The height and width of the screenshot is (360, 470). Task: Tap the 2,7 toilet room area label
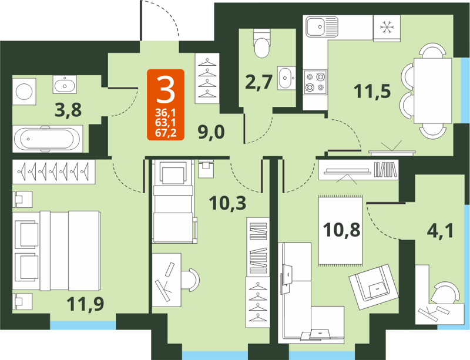tap(258, 82)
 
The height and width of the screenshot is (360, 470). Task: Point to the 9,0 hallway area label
tap(210, 132)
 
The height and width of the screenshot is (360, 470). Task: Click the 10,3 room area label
tap(227, 203)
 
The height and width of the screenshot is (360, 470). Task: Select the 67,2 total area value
tap(166, 133)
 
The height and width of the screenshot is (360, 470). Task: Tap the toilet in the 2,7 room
tap(261, 45)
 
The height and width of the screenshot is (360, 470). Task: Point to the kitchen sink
tap(320, 27)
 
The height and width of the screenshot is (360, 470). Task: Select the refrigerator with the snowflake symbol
tap(387, 27)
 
